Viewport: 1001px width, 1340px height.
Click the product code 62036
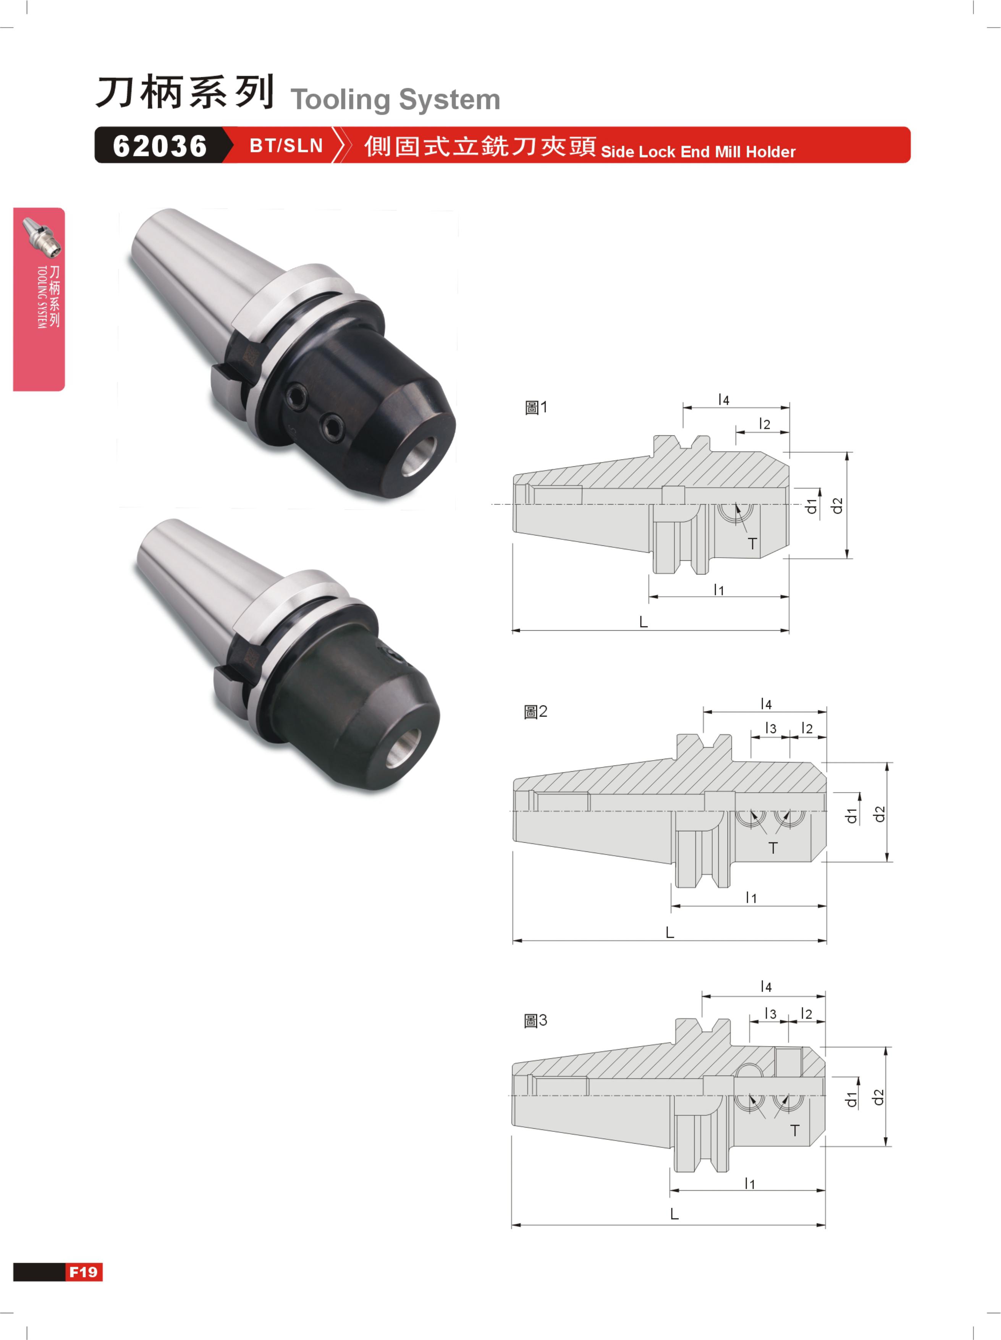[x=160, y=146]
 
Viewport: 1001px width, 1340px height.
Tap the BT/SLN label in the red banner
[x=286, y=146]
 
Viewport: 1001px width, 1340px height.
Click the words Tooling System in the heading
[x=395, y=99]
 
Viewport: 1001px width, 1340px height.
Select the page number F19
[x=84, y=1272]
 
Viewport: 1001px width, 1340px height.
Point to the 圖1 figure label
[x=536, y=407]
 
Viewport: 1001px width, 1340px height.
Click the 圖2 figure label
[x=535, y=711]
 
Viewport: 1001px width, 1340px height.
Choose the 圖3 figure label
[x=535, y=1020]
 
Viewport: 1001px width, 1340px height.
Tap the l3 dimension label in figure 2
[x=770, y=728]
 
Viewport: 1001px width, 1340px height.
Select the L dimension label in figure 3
[x=674, y=1214]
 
